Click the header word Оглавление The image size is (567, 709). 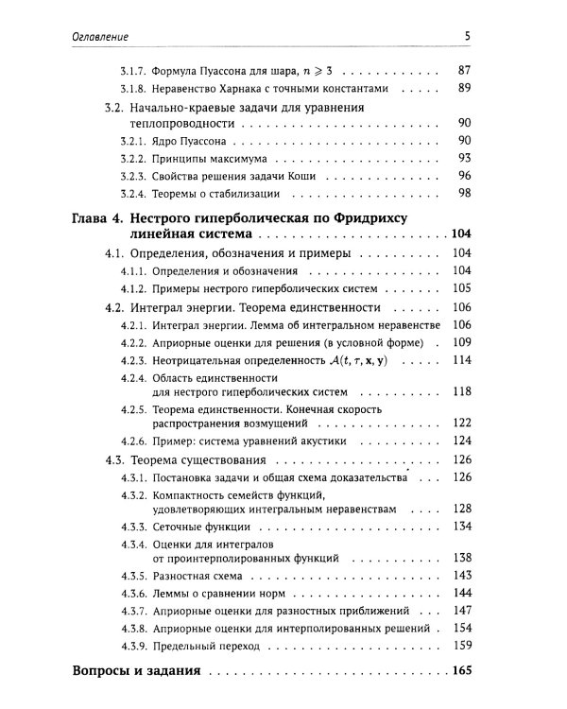pos(101,36)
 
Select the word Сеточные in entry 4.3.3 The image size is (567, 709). pos(181,526)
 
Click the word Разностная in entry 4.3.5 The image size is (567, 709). pos(186,576)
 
